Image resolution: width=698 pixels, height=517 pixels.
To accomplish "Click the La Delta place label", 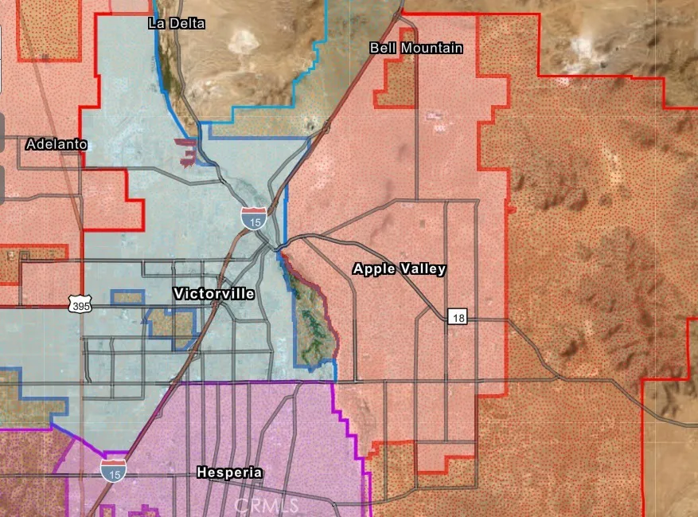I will [x=177, y=23].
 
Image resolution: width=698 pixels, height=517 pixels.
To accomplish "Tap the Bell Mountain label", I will [x=416, y=49].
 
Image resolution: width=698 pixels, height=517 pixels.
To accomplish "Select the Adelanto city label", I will [x=56, y=144].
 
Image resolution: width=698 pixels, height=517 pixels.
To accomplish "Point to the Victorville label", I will [x=214, y=294].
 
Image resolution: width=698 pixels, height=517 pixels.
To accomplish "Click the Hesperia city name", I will [x=229, y=472].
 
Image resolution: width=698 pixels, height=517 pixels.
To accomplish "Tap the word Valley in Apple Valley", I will [x=423, y=269].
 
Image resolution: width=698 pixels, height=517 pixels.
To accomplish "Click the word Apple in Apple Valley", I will [x=374, y=269].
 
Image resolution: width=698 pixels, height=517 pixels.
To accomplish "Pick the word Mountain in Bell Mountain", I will [x=431, y=49].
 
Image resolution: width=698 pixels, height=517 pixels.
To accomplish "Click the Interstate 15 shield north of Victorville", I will [x=254, y=218].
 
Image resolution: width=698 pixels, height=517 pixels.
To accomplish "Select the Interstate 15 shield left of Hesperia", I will [x=113, y=469].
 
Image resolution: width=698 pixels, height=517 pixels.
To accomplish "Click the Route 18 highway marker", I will [x=457, y=318].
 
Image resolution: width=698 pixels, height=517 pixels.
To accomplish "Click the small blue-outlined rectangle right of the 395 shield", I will [x=127, y=298].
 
